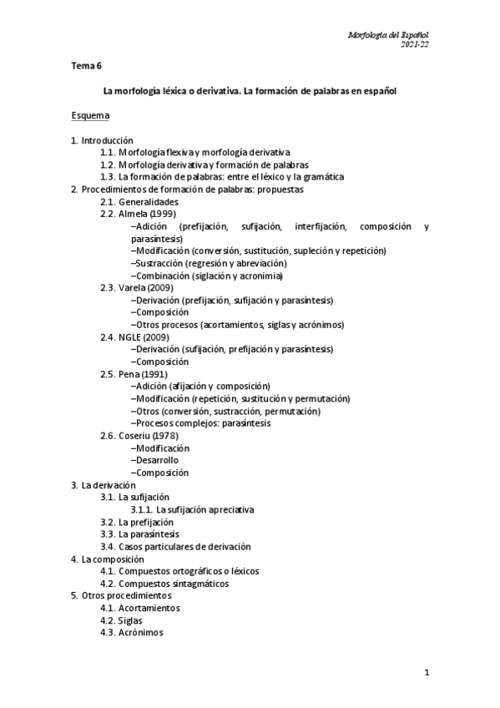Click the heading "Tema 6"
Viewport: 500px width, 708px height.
coord(86,65)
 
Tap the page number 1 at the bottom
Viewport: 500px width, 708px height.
coord(427,674)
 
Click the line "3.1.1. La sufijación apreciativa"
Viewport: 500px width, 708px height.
coord(192,509)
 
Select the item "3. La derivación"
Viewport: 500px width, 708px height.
coord(104,485)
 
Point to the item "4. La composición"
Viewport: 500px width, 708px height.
coord(108,559)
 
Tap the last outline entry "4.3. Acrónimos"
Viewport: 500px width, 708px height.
coord(132,633)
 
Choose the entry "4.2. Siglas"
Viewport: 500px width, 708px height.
coord(121,620)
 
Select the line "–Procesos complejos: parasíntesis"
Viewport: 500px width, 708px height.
coord(200,423)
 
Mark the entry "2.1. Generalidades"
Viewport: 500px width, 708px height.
coord(139,202)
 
